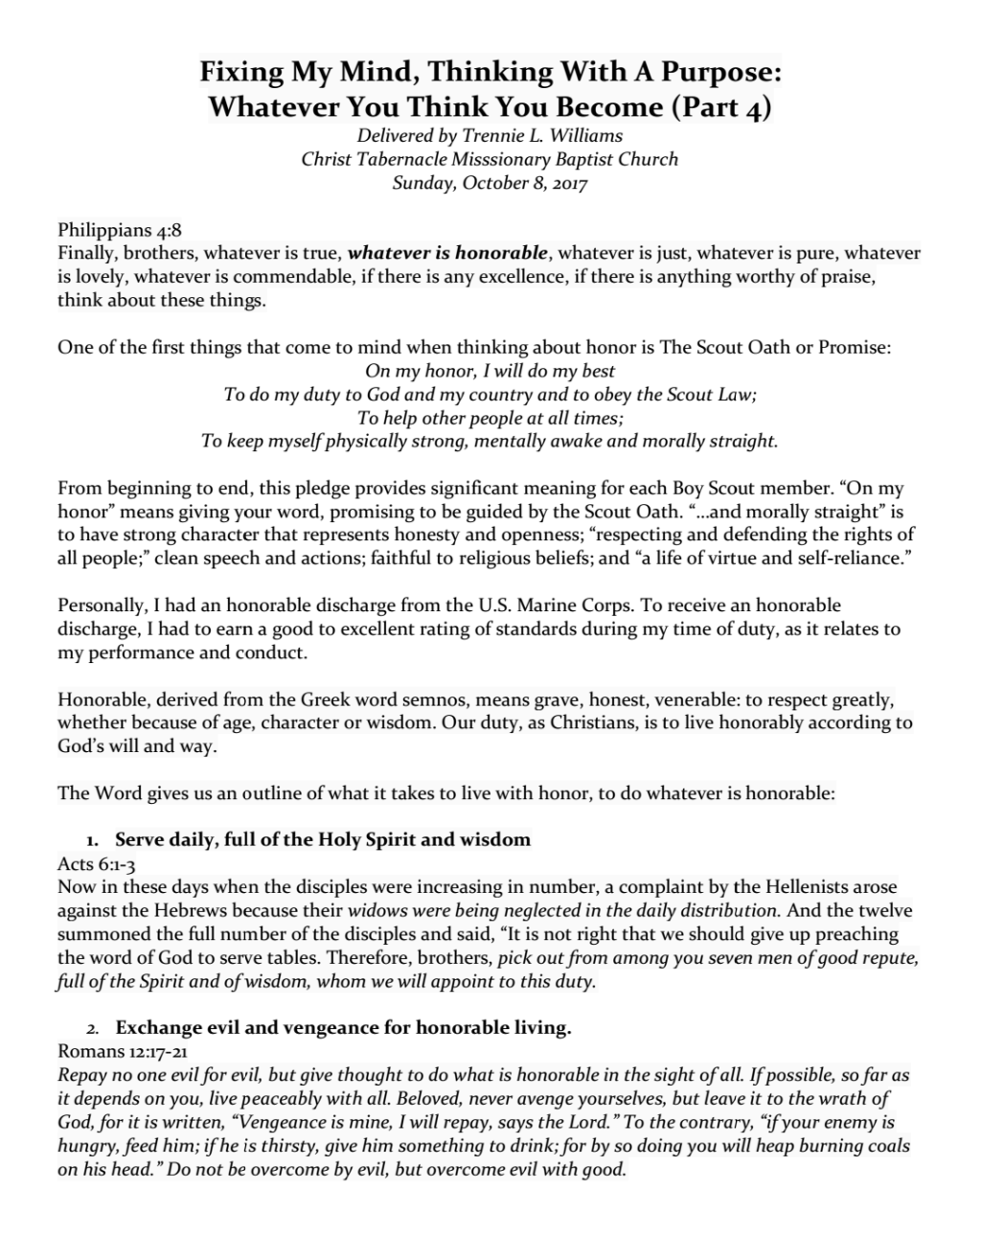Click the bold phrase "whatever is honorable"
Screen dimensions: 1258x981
[447, 254]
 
